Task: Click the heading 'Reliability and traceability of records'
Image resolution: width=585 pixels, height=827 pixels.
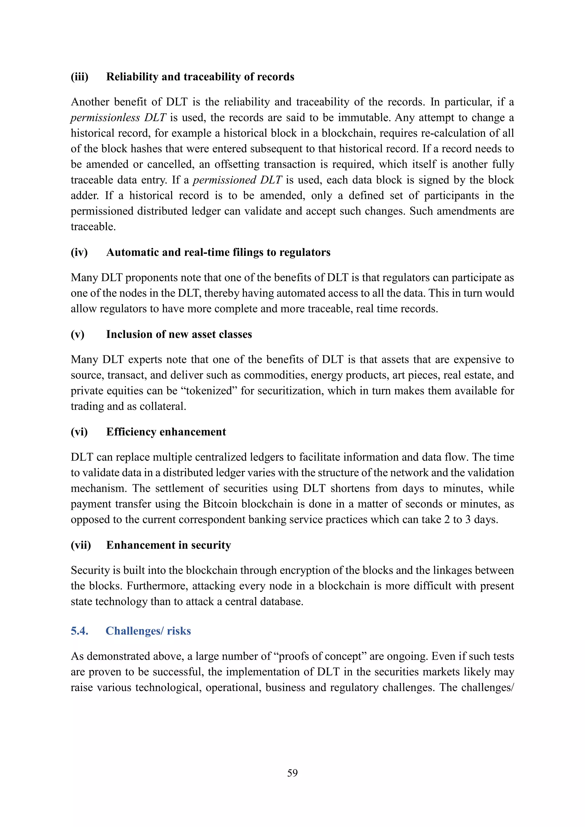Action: (x=200, y=77)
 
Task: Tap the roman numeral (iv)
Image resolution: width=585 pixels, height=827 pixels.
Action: (x=79, y=252)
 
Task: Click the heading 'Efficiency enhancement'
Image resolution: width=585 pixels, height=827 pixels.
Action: (x=166, y=432)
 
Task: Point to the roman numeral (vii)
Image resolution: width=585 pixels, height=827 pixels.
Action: (x=81, y=545)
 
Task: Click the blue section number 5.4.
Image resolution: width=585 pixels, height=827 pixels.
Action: (x=79, y=631)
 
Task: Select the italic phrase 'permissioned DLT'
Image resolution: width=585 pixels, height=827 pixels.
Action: (x=237, y=180)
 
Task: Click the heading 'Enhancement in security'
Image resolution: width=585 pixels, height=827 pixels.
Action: (x=168, y=545)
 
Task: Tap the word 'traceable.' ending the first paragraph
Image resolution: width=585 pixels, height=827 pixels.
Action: (x=93, y=227)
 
